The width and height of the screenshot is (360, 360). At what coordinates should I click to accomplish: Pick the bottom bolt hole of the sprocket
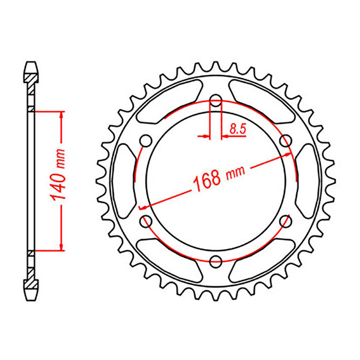(216, 260)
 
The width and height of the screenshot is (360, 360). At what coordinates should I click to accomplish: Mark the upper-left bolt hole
(146, 140)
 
